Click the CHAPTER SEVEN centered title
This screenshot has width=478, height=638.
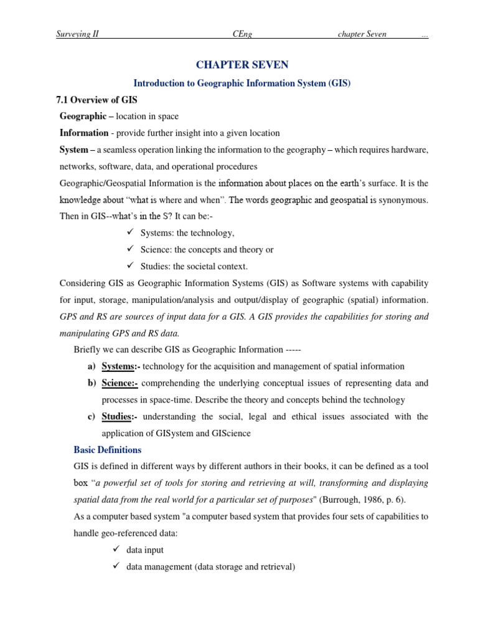[242, 65]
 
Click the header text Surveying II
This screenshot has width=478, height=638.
[77, 34]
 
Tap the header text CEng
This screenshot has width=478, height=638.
[242, 34]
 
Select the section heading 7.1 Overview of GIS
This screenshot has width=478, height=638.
[96, 100]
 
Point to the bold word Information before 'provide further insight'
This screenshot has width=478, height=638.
[84, 133]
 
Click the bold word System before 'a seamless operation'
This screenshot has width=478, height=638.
[73, 150]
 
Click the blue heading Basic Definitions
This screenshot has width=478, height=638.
[107, 450]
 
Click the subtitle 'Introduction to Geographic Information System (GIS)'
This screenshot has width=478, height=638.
[242, 83]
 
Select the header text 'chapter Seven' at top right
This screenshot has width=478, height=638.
[362, 34]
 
